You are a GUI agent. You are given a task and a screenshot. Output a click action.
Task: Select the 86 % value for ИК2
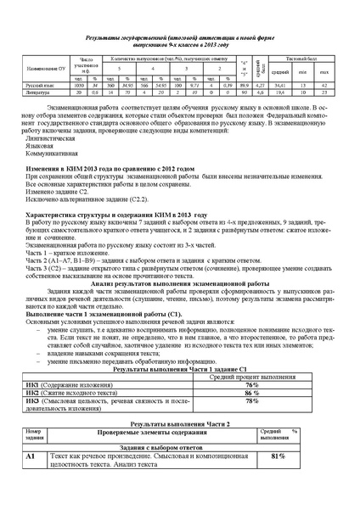click(x=251, y=393)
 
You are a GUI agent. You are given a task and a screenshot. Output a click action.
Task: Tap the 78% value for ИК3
click(x=251, y=404)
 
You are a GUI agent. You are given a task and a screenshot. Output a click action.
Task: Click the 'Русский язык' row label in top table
click(x=40, y=86)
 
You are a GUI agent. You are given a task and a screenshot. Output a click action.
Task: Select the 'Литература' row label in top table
click(x=38, y=92)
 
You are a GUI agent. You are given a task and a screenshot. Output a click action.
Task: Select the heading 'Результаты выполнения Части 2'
click(x=178, y=422)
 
